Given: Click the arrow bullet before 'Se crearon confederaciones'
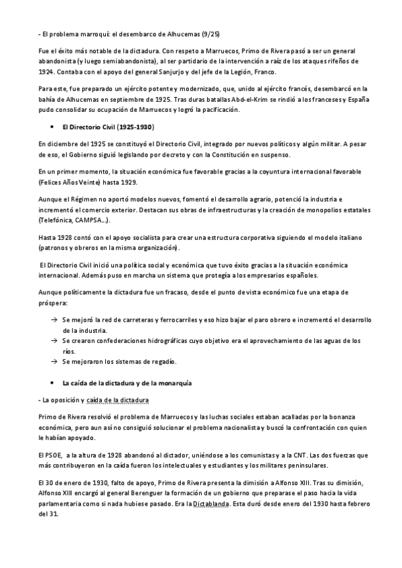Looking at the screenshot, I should pyautogui.click(x=54, y=340).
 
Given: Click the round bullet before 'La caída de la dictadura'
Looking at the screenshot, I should pyautogui.click(x=52, y=383).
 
